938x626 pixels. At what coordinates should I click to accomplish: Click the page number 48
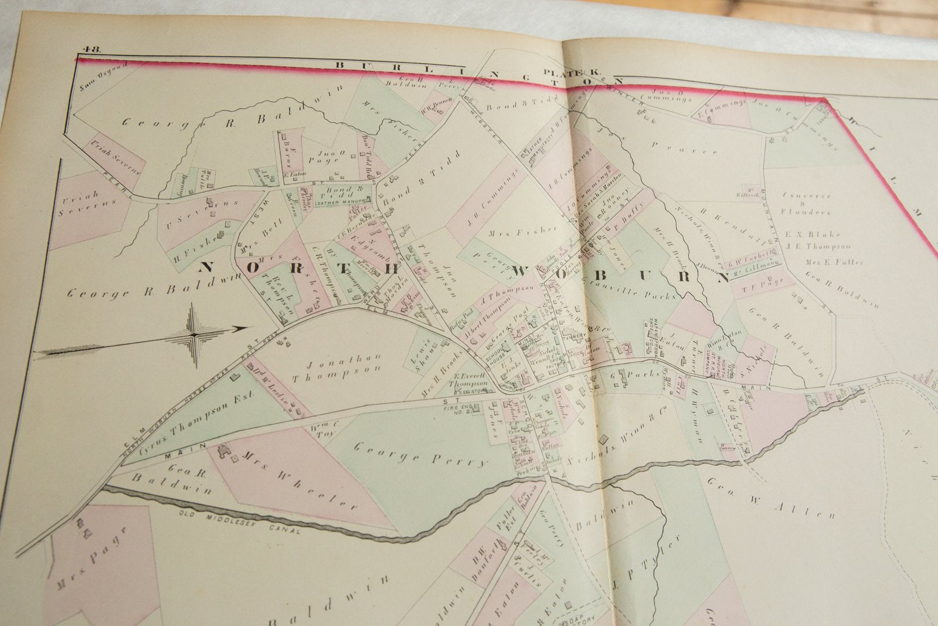(91, 49)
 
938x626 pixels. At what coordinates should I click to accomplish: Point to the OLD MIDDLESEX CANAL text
(240, 525)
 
